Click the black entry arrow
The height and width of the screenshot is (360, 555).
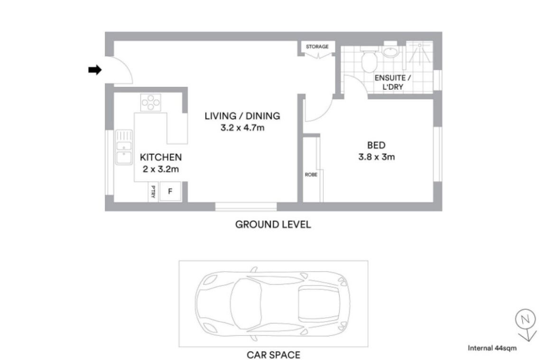pyautogui.click(x=95, y=70)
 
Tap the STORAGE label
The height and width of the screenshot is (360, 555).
pyautogui.click(x=317, y=47)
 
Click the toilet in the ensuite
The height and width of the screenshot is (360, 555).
pyautogui.click(x=369, y=60)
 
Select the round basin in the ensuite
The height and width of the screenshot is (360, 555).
pyautogui.click(x=390, y=52)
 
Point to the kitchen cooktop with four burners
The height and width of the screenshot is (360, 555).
pyautogui.click(x=151, y=102)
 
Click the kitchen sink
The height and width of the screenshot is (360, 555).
pyautogui.click(x=124, y=147)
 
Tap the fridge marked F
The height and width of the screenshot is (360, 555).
pyautogui.click(x=170, y=192)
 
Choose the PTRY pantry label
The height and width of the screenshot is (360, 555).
pyautogui.click(x=153, y=192)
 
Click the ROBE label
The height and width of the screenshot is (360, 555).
pyautogui.click(x=311, y=175)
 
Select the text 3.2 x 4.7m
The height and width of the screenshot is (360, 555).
pyautogui.click(x=242, y=128)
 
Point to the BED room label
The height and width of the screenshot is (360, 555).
pyautogui.click(x=376, y=145)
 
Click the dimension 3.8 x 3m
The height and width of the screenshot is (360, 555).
pyautogui.click(x=377, y=157)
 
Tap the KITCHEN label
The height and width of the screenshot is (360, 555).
pyautogui.click(x=161, y=157)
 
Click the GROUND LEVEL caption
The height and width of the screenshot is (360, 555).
pyautogui.click(x=273, y=224)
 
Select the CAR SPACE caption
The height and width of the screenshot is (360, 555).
pyautogui.click(x=273, y=355)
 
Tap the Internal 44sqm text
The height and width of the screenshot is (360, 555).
pyautogui.click(x=492, y=348)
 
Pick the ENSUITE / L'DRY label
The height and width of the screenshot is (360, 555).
pyautogui.click(x=393, y=82)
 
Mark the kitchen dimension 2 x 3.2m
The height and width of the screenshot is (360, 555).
pyautogui.click(x=161, y=169)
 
